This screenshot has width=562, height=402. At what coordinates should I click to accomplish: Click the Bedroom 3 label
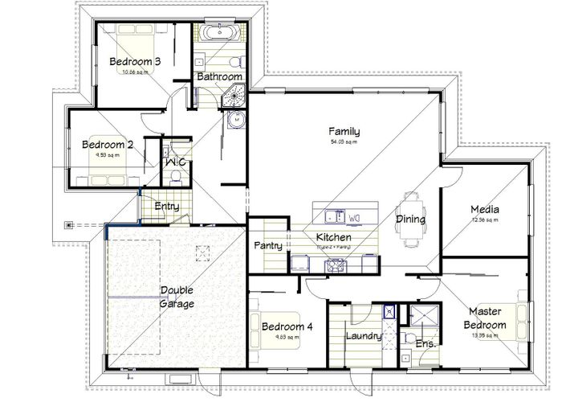point(135,61)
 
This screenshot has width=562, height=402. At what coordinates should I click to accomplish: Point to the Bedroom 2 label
point(108,145)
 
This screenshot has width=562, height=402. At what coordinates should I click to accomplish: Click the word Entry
point(166,207)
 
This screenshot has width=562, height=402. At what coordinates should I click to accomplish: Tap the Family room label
point(343,132)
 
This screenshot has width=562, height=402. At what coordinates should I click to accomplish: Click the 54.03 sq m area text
point(343,142)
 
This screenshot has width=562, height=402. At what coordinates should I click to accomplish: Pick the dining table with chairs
point(410,219)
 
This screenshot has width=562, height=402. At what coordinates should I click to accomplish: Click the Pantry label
point(267,245)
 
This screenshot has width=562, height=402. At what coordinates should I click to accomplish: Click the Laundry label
point(362,336)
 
